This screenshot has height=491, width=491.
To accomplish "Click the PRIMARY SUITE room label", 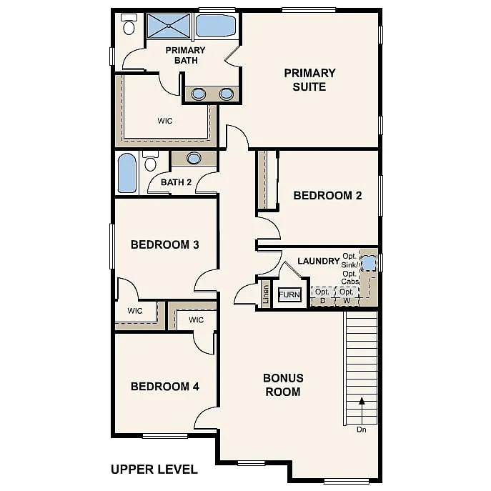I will click(309, 79).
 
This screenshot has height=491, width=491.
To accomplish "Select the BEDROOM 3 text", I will click(164, 244).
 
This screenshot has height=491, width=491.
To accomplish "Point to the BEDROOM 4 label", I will click(164, 387).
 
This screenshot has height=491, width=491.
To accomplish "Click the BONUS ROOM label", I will click(283, 385).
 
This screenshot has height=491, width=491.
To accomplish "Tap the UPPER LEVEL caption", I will click(154, 470).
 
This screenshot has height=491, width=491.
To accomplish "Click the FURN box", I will click(289, 294).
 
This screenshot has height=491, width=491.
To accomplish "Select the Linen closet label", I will click(265, 295).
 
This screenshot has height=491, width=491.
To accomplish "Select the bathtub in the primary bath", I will click(215, 26).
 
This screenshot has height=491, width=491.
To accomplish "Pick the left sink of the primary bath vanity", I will click(197, 93).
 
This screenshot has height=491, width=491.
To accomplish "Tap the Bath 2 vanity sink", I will click(194, 158).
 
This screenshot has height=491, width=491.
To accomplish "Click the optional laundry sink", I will click(368, 263).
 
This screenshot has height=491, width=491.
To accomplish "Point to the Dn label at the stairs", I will click(362, 430).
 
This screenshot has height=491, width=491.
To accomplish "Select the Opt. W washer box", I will click(347, 295).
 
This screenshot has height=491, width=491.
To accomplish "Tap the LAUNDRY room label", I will click(318, 261).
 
